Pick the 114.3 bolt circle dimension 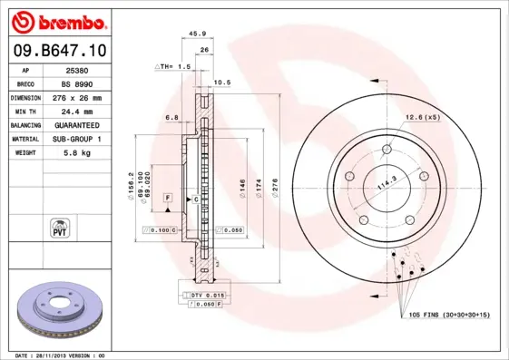387,180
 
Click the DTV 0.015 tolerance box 205,296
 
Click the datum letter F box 167,197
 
